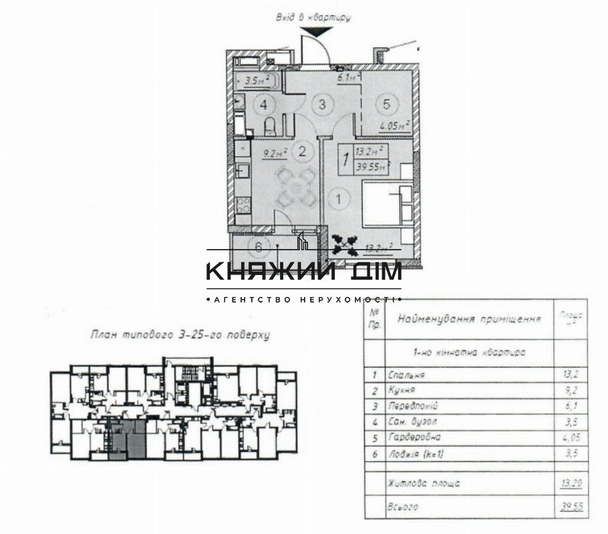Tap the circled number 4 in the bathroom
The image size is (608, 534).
(x=265, y=105)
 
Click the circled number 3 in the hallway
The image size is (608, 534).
(x=322, y=104)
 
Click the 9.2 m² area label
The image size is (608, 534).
(x=275, y=152)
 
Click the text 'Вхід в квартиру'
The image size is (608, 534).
(x=313, y=17)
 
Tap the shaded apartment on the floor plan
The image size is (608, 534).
(x=128, y=440)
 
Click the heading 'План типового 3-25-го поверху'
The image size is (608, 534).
(x=180, y=336)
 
